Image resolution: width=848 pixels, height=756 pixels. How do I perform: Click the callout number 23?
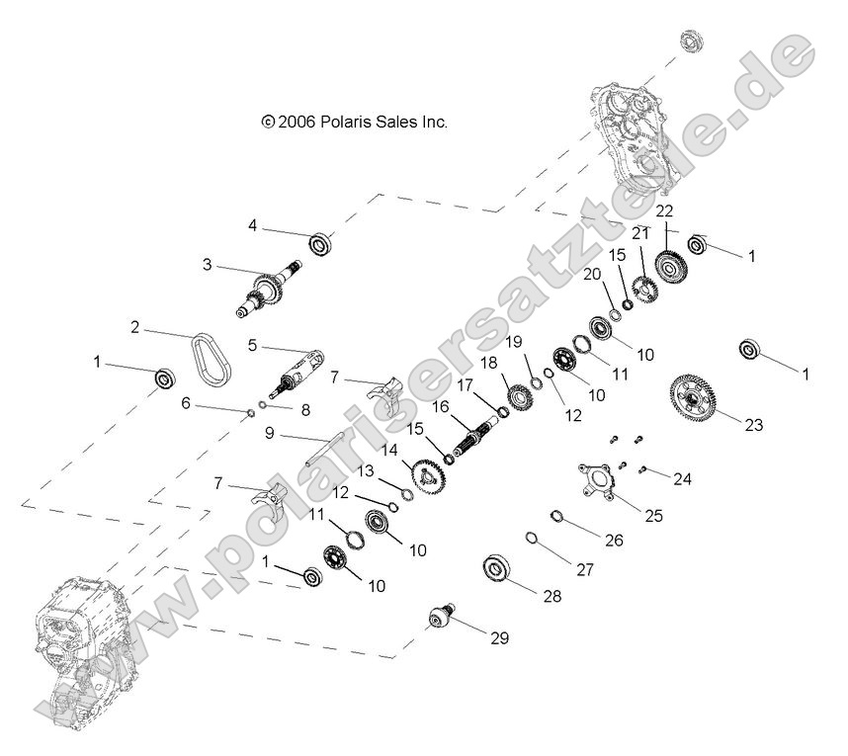754,426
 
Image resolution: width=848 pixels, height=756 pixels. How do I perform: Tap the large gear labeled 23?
696,400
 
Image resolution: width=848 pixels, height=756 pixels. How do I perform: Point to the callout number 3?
208,265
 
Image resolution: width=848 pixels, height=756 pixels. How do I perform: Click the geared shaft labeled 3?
268,293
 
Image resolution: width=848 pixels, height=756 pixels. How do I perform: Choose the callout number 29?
499,638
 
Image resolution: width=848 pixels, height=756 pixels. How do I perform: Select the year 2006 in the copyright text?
297,123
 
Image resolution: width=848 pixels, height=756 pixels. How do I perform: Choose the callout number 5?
252,346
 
